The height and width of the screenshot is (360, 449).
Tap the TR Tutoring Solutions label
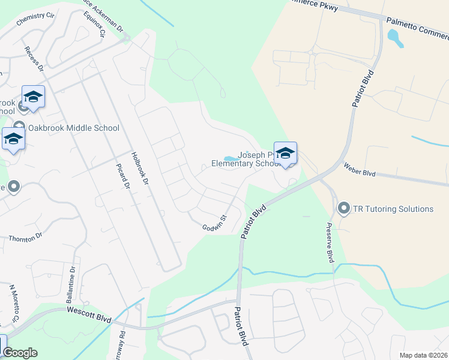[393, 209]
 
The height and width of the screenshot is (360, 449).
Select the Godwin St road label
[213, 222]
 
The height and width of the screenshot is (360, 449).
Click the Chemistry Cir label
[35, 19]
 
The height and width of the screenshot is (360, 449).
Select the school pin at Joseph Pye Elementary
[285, 152]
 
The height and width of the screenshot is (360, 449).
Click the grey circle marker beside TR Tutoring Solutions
[344, 209]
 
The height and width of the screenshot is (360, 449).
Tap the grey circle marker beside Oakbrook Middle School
[19, 128]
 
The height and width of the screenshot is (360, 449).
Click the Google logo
[19, 353]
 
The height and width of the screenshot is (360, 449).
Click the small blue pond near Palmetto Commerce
[395, 38]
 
